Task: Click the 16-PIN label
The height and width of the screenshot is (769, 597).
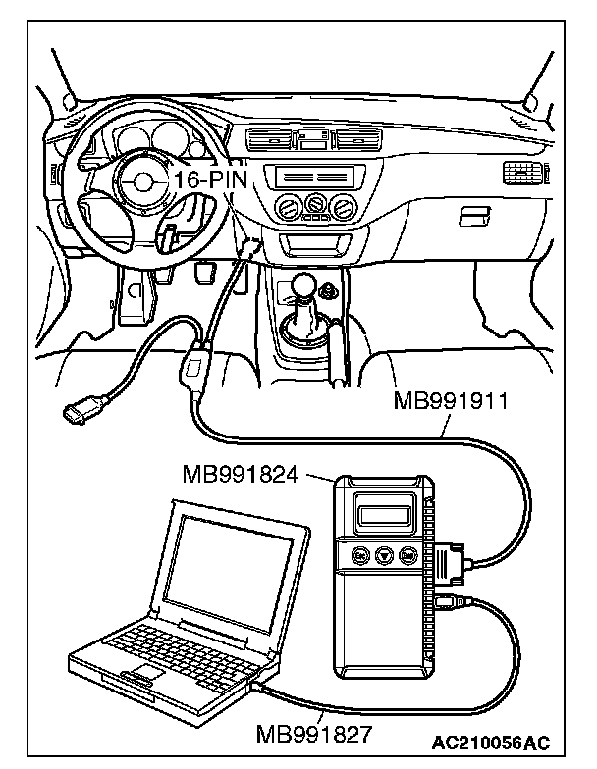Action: [210, 179]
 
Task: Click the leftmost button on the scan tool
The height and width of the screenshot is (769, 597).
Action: [359, 556]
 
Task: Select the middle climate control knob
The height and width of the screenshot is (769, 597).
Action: [315, 205]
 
